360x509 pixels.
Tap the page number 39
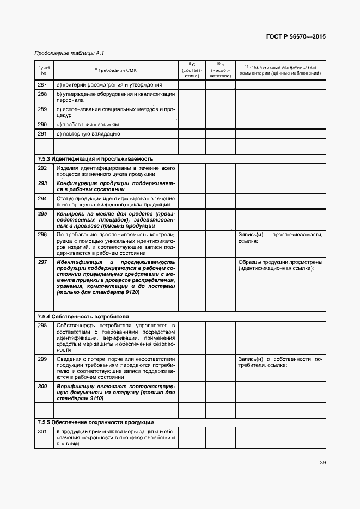(322, 463)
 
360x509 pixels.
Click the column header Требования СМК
(115, 70)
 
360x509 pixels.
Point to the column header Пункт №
(44, 70)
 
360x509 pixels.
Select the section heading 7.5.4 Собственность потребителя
(83, 316)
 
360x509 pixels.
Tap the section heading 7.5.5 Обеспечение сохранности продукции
(95, 422)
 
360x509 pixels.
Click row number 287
(42, 84)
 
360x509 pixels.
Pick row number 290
(42, 125)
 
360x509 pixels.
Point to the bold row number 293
(42, 183)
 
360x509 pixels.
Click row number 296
(42, 234)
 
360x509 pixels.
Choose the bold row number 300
(42, 386)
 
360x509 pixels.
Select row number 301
(42, 432)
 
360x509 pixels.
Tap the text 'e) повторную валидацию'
(88, 133)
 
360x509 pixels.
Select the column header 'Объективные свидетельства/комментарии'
(280, 70)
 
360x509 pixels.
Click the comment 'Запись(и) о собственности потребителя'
(280, 362)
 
